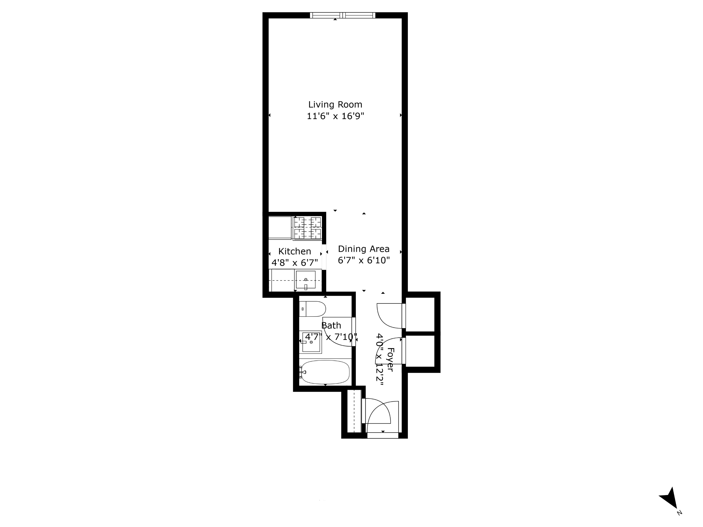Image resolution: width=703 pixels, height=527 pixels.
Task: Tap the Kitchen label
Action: coord(294,251)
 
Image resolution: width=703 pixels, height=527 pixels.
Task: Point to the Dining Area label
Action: coord(363,249)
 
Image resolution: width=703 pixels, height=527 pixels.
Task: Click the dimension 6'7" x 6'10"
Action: coord(363,261)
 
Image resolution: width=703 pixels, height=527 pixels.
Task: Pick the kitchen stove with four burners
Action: coord(307,228)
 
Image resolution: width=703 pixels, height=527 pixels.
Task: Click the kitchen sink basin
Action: coord(305,280)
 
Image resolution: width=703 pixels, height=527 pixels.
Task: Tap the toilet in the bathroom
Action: coord(313,309)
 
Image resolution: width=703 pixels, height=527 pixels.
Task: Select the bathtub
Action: coord(325,372)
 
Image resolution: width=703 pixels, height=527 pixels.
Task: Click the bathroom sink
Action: coord(310,342)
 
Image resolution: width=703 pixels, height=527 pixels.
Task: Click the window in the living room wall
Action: coord(342,15)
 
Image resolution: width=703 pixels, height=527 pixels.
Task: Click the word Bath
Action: coord(331,326)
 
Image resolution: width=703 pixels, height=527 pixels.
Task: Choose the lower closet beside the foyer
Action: coord(420,351)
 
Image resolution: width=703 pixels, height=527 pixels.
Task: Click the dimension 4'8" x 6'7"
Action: coord(294,263)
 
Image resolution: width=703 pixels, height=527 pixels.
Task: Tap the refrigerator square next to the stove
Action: coord(280,227)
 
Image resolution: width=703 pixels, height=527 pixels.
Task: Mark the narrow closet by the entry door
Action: coord(354,411)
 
